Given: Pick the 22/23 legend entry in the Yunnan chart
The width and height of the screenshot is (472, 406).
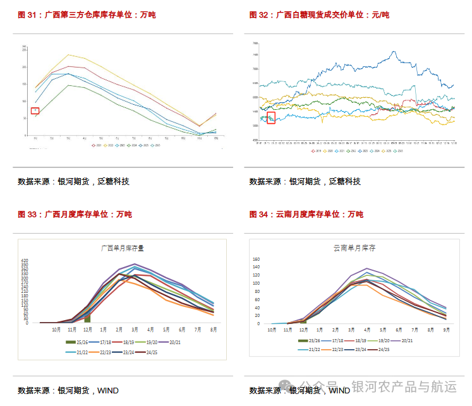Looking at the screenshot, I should [334, 349].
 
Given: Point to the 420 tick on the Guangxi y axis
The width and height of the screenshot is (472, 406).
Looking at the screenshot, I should [25, 260].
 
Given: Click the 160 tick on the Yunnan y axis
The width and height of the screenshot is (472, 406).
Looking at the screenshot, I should [256, 259].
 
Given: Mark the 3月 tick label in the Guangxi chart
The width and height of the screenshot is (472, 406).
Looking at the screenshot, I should [135, 330].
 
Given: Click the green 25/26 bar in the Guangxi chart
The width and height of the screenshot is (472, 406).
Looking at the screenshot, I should [87, 317].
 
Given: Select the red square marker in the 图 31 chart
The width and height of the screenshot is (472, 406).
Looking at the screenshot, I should [35, 110].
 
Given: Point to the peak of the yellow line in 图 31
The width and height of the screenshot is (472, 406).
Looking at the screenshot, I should [69, 54].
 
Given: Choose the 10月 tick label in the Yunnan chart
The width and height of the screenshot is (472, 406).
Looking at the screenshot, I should [272, 330].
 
